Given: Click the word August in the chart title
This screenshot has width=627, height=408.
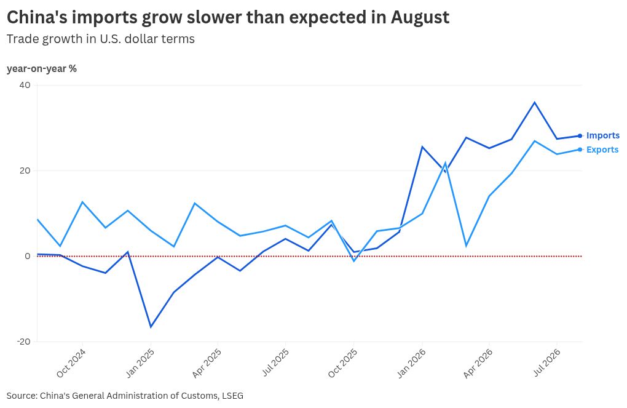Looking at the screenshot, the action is pyautogui.click(x=420, y=18).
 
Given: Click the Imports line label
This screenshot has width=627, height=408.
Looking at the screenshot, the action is pyautogui.click(x=602, y=135).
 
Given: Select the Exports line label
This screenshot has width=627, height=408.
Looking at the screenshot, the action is pyautogui.click(x=602, y=150).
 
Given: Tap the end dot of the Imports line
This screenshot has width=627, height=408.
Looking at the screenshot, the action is pyautogui.click(x=580, y=136).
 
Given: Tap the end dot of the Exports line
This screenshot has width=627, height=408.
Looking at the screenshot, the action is pyautogui.click(x=580, y=150).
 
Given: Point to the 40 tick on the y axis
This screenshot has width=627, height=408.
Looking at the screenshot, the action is pyautogui.click(x=25, y=85).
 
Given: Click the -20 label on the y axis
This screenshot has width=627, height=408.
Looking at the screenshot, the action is pyautogui.click(x=23, y=342).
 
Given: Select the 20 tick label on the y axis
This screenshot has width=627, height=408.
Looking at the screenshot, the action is pyautogui.click(x=25, y=170).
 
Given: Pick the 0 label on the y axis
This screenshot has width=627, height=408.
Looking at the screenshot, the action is pyautogui.click(x=28, y=256).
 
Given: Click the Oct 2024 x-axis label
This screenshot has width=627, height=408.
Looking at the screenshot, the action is pyautogui.click(x=71, y=363).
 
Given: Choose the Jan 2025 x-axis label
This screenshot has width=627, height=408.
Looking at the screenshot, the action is pyautogui.click(x=140, y=363).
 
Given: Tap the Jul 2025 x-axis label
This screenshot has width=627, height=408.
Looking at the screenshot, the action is pyautogui.click(x=275, y=362).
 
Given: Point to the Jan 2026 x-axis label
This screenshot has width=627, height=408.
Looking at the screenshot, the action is pyautogui.click(x=411, y=363).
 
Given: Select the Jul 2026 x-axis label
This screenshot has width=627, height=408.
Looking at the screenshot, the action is pyautogui.click(x=546, y=362).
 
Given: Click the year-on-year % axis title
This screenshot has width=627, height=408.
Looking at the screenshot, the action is pyautogui.click(x=42, y=69).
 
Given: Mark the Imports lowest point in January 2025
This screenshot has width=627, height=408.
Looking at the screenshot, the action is pyautogui.click(x=151, y=327).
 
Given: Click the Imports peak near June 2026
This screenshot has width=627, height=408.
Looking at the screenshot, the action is pyautogui.click(x=535, y=103).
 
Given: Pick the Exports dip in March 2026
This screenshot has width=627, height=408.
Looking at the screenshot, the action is pyautogui.click(x=466, y=246).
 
